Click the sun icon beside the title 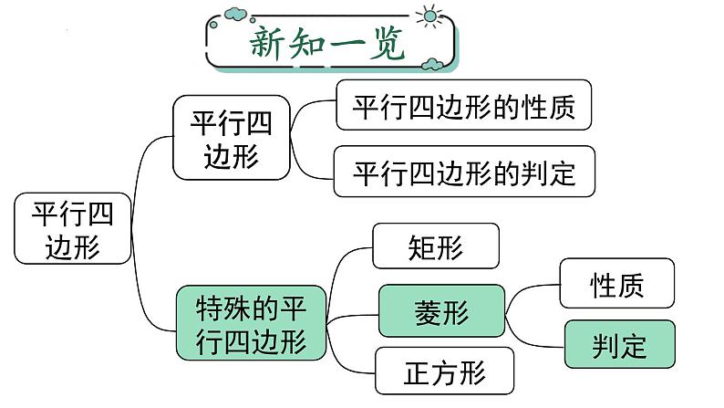point(426,16)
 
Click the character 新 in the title point(270,43)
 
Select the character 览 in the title point(387,43)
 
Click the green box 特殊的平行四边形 point(252,325)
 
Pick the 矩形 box point(436,246)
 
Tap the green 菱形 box point(440,313)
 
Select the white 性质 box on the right point(617,284)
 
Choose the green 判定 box point(619,344)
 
